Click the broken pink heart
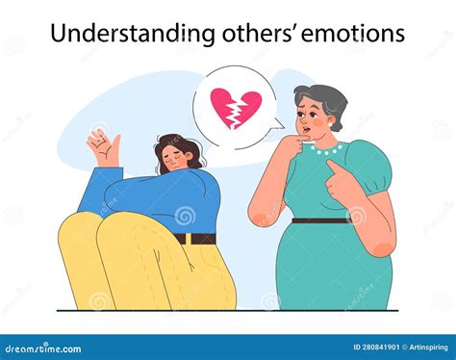[234, 107]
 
